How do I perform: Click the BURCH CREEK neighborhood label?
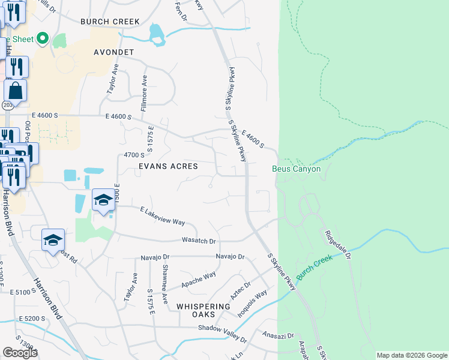point(110,22)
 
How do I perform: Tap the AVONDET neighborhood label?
point(113,52)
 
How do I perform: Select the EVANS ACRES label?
point(168,166)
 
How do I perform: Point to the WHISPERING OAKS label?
point(203,311)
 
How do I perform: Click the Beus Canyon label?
point(296,169)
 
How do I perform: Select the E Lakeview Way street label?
point(162,217)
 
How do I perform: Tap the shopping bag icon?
point(15,91)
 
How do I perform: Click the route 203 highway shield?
point(7,105)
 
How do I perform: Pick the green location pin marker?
point(42,39)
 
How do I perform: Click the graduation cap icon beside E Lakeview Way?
point(103,200)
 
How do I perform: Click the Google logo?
point(20,353)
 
